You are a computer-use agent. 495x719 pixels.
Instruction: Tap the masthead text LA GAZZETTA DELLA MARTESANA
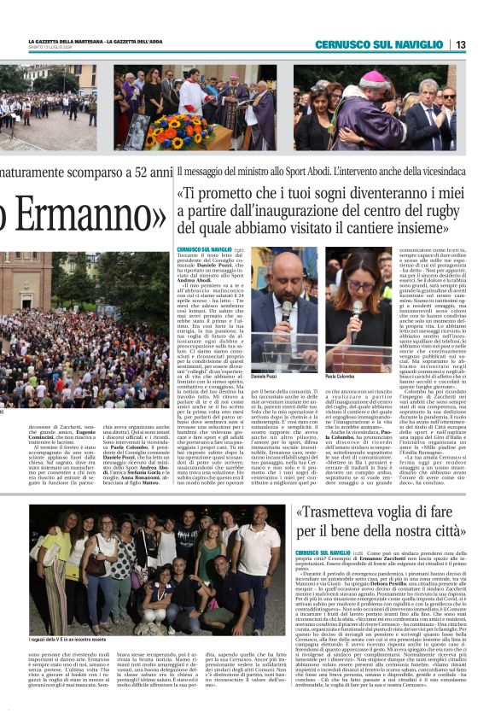[66, 41]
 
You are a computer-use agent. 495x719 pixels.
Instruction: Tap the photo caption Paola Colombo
[340, 376]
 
